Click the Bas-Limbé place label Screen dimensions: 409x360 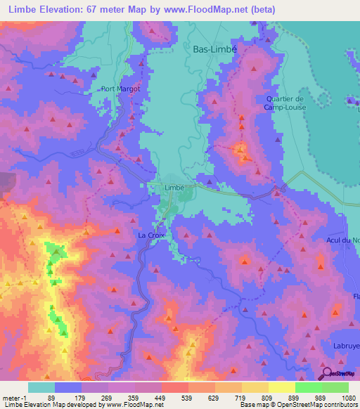[x=215, y=49]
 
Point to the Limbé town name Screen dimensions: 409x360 [x=174, y=188]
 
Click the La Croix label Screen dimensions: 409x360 [x=151, y=235]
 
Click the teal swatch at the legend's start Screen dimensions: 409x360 [x=41, y=387]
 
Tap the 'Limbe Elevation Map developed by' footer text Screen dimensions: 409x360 [x=53, y=404]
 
